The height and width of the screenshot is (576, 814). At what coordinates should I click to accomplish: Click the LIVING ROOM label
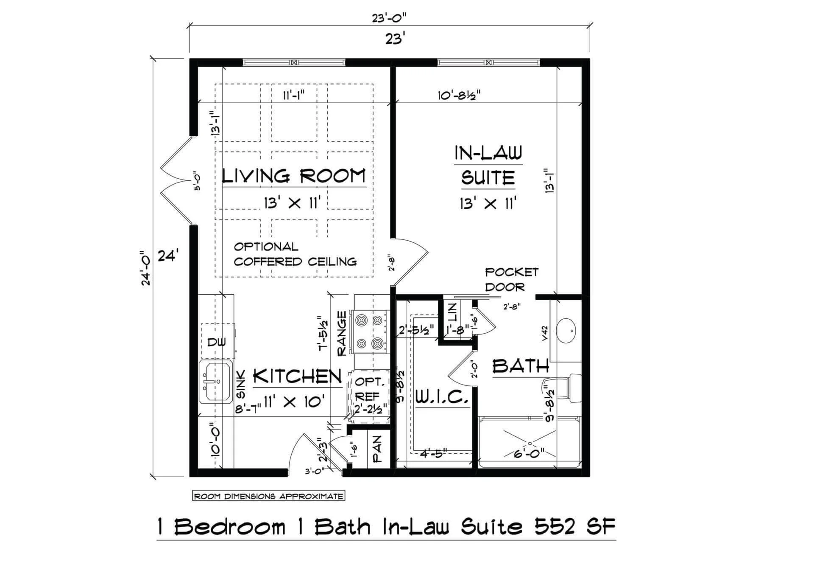pos(294,176)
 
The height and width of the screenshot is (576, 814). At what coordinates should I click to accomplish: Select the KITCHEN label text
pos(298,376)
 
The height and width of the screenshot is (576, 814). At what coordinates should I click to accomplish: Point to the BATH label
pos(521,366)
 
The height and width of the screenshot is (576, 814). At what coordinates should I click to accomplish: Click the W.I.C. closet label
pos(442,397)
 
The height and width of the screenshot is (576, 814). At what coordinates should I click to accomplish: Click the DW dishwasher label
pos(217,342)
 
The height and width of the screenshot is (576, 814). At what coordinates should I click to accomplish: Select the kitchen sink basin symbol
pos(216,382)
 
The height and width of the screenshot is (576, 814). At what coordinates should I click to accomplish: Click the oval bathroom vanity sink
pos(566,329)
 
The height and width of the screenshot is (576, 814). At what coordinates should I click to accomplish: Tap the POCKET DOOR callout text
pos(511,279)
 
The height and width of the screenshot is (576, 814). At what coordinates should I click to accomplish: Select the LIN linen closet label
pos(452,312)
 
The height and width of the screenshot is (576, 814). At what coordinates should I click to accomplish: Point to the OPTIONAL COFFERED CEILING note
pos(295,254)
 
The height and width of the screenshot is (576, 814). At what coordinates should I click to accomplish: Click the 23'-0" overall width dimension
pos(389,18)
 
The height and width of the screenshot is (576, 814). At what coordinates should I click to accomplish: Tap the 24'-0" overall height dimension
pos(146,268)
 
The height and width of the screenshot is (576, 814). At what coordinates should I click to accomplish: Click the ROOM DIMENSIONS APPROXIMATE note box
pos(269,496)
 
